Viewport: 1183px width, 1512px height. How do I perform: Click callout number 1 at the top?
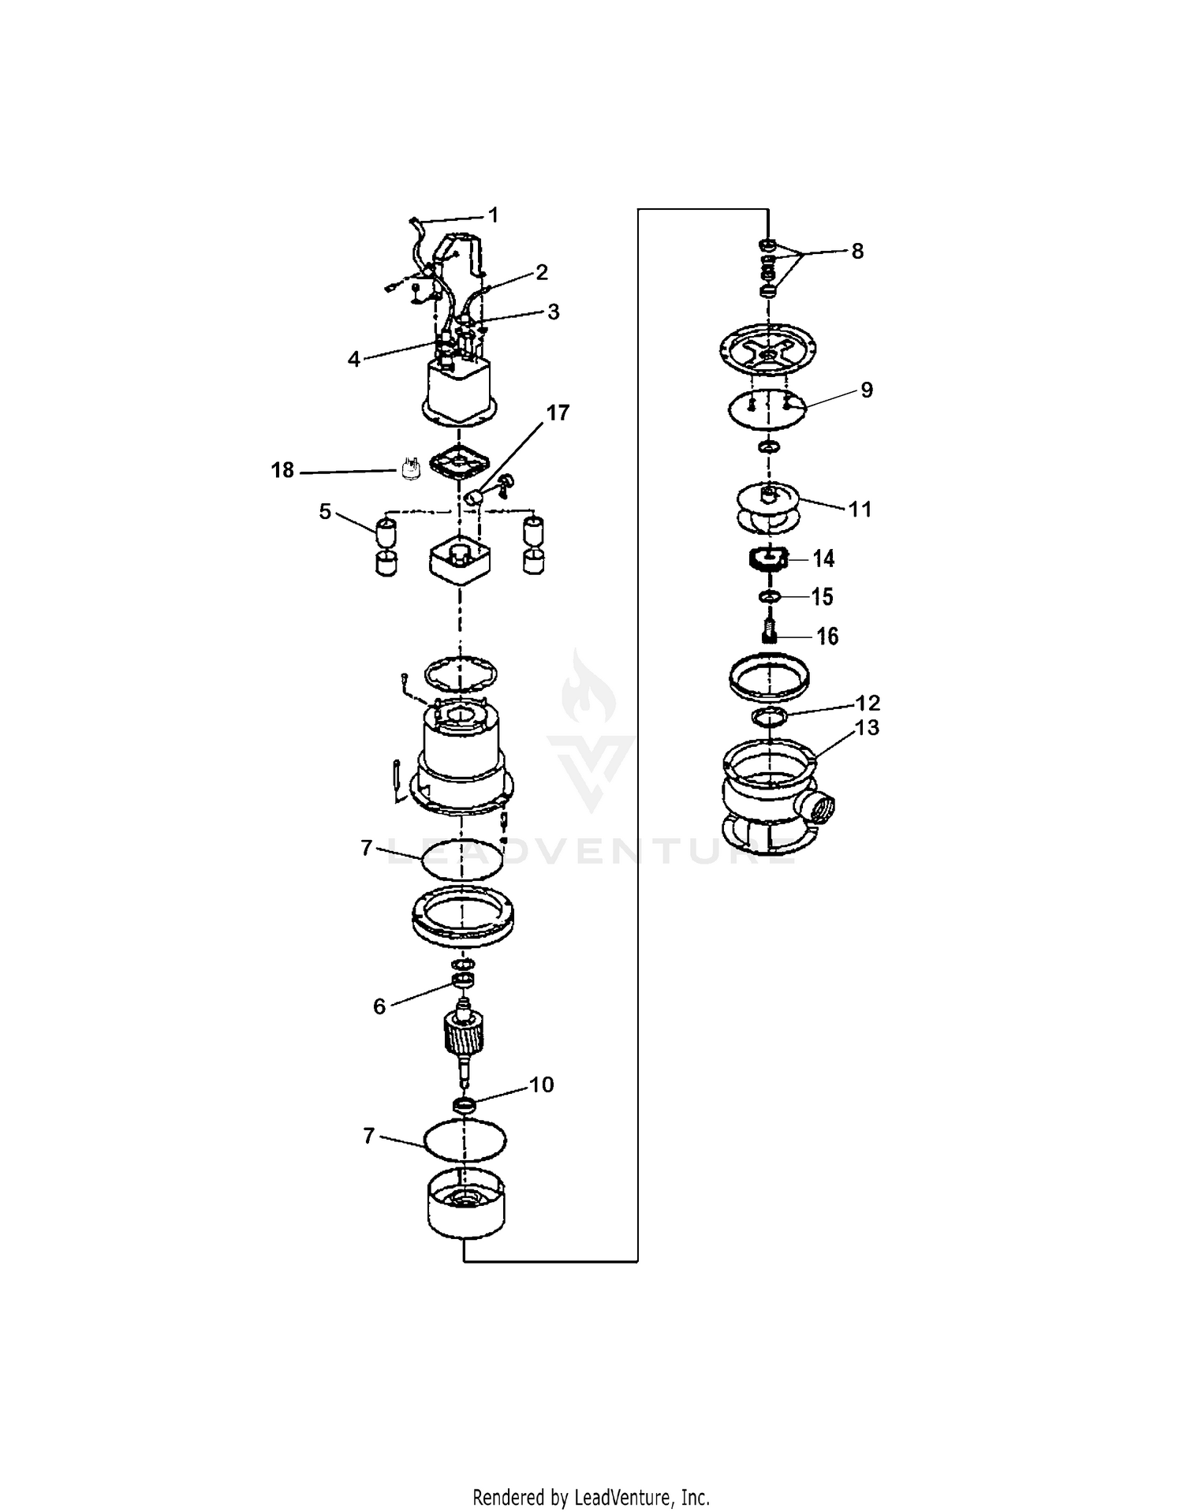[x=494, y=215]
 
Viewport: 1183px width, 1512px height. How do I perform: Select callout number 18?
[x=282, y=470]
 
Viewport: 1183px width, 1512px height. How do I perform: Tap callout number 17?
[x=558, y=413]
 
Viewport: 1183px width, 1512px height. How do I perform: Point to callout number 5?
[x=325, y=511]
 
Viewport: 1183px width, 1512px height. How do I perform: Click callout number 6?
[x=379, y=1006]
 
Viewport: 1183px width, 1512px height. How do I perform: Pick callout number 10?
[x=542, y=1085]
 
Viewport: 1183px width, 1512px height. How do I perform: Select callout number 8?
[x=857, y=251]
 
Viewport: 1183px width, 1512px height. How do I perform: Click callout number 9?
[x=867, y=390]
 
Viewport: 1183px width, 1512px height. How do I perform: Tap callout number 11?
[x=860, y=509]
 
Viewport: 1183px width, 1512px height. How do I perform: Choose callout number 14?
[x=823, y=558]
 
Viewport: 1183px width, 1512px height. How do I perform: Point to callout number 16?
[x=827, y=636]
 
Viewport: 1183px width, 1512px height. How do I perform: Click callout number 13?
[x=867, y=727]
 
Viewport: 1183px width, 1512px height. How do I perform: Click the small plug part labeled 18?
[x=409, y=469]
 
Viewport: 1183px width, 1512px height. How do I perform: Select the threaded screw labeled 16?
[x=770, y=632]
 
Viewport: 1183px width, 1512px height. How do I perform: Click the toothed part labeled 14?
[x=768, y=560]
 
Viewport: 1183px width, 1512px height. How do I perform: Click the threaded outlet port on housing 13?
[x=820, y=808]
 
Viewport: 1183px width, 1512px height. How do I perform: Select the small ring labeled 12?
[x=769, y=716]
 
